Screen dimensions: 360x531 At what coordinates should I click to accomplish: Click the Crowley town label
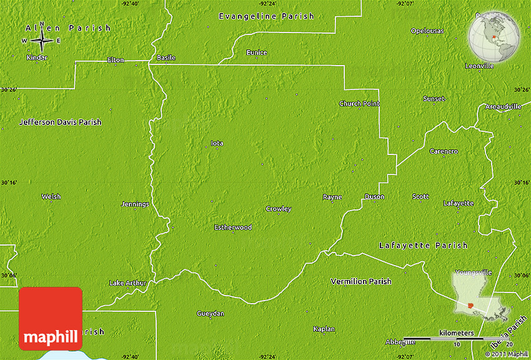click(x=278, y=209)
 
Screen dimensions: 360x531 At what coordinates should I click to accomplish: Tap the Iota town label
click(x=217, y=143)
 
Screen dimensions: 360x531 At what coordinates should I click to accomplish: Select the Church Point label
click(x=359, y=103)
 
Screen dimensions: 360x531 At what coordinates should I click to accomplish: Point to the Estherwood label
click(x=233, y=227)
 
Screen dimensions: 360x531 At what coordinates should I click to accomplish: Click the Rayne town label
click(x=332, y=197)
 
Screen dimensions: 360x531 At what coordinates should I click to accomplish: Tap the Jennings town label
click(x=135, y=204)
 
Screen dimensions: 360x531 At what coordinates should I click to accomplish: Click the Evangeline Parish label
click(x=266, y=16)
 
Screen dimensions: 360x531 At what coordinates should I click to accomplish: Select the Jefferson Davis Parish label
click(x=60, y=122)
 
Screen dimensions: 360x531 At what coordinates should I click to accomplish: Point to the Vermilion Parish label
click(x=361, y=281)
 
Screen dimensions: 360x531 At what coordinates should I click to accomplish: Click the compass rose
click(x=41, y=40)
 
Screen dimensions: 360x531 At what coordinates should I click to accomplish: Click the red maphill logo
click(x=51, y=319)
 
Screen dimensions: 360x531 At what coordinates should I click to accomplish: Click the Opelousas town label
click(x=427, y=31)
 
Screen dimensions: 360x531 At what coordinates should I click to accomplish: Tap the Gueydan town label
click(x=211, y=313)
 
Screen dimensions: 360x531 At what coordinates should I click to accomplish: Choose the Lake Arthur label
click(x=127, y=282)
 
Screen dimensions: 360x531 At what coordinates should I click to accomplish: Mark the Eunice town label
click(x=257, y=52)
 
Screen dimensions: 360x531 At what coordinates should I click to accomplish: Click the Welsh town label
click(x=51, y=196)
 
